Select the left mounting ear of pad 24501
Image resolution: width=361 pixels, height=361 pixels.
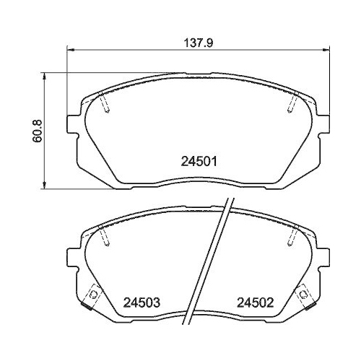[72, 124]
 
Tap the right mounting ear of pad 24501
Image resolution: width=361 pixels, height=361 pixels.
[323, 124]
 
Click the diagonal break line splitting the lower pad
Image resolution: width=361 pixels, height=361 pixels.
[211, 260]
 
